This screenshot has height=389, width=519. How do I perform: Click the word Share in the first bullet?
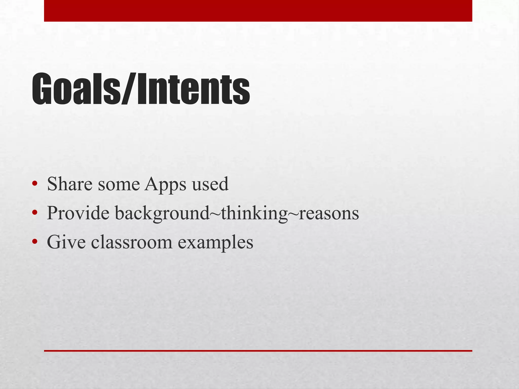click(x=70, y=184)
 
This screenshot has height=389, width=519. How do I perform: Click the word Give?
click(x=66, y=242)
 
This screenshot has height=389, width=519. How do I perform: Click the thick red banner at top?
click(x=258, y=11)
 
